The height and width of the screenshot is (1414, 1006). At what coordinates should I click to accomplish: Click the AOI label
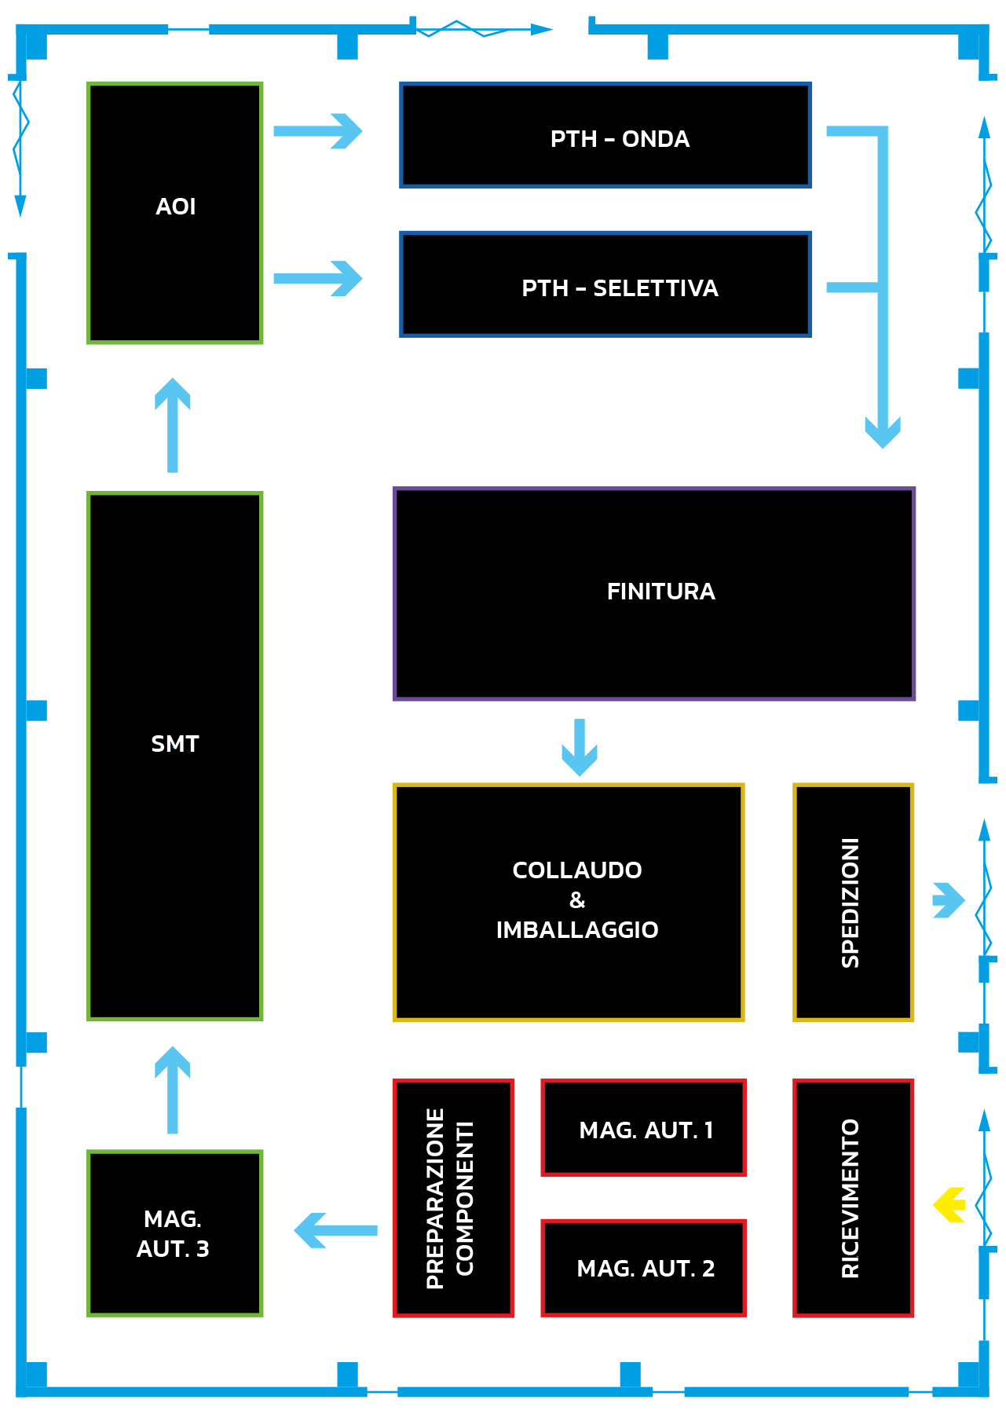pos(175,207)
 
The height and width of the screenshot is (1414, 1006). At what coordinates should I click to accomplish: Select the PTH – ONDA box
pos(605,135)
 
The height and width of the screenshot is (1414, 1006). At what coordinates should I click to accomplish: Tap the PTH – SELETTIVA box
pos(605,284)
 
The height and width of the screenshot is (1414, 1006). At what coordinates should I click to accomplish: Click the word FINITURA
pos(660,592)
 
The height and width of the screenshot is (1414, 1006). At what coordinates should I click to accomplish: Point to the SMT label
pos(175,744)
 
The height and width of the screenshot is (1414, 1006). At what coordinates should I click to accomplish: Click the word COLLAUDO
pos(577,870)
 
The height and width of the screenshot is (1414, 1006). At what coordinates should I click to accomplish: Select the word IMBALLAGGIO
pos(577,930)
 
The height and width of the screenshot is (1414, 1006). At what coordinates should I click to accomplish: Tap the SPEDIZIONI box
pos(854,903)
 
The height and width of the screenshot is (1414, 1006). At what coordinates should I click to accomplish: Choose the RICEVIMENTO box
pos(854,1198)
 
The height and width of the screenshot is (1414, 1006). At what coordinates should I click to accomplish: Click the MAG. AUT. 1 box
pos(643,1128)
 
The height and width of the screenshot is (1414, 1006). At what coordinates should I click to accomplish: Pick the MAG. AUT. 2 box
pos(643,1268)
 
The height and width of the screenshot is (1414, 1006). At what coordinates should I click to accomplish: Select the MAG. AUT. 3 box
pos(174,1233)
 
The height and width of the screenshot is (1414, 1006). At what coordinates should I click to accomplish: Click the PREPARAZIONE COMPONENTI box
pos(453,1198)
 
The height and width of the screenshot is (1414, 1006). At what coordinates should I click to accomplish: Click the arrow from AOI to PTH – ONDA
pos(318,131)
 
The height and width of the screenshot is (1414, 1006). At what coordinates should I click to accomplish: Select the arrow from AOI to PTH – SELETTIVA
pos(318,278)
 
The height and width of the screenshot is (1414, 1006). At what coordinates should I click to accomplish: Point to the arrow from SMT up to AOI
pos(173,425)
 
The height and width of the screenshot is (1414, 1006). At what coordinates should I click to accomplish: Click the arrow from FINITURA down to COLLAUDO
pos(580,747)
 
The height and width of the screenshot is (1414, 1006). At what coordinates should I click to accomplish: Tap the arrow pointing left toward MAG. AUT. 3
pos(335,1230)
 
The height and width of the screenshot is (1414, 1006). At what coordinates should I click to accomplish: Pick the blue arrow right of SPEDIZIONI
pos(949,900)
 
